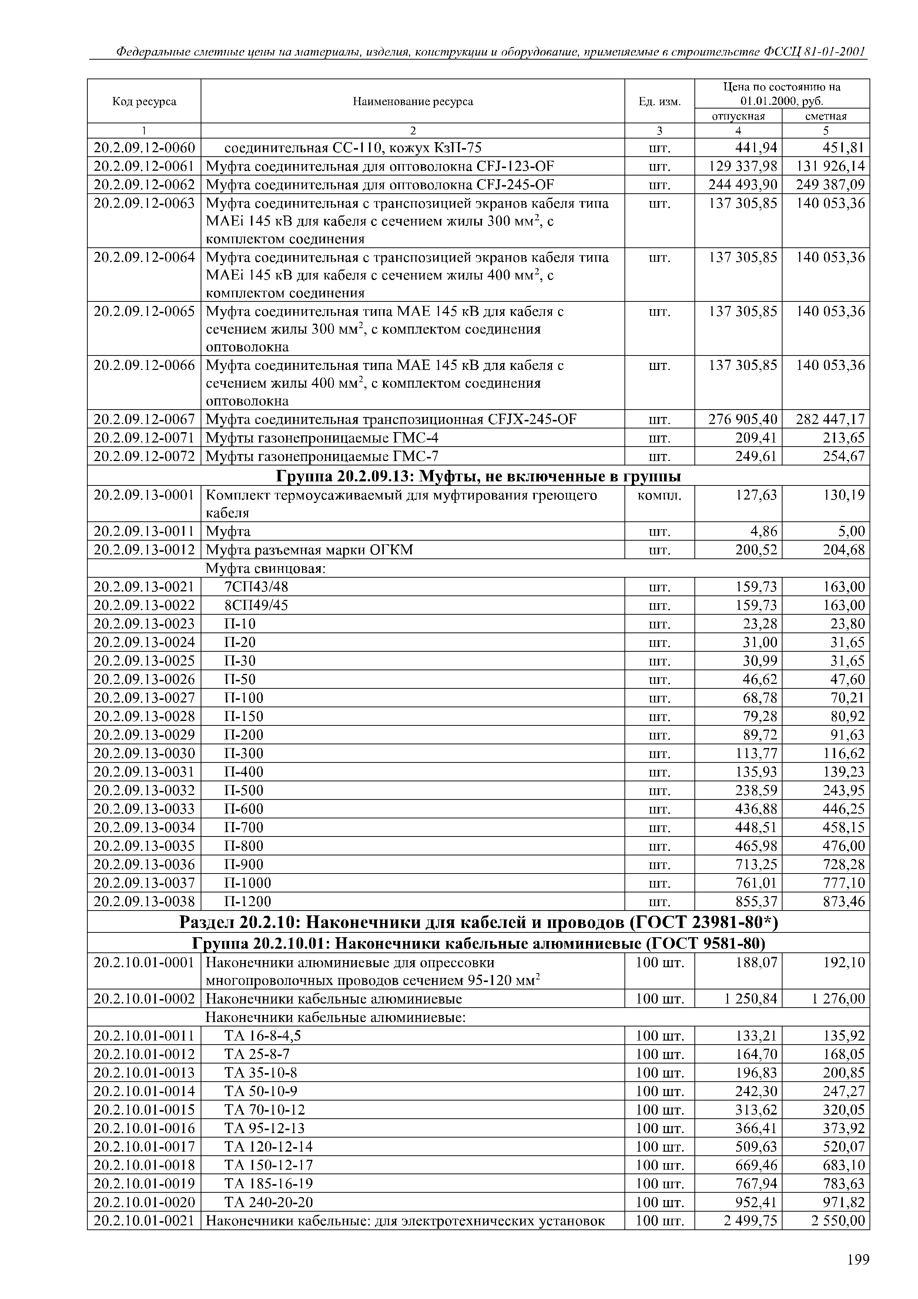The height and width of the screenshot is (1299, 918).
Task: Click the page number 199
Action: click(858, 1260)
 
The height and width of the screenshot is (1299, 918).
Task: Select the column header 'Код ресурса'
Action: click(144, 102)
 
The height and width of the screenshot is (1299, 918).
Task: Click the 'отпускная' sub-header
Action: click(738, 117)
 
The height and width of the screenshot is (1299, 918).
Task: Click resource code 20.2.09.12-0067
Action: click(144, 419)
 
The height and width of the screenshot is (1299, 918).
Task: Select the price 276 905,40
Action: click(743, 419)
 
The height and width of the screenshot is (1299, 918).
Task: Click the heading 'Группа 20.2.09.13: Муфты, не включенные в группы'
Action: click(478, 477)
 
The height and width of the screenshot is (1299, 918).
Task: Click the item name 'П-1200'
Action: click(248, 901)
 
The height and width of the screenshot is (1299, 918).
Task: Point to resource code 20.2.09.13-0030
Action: click(144, 754)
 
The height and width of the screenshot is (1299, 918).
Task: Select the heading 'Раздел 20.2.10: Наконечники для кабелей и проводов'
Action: click(478, 923)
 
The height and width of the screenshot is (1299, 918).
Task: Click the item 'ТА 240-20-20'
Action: click(269, 1202)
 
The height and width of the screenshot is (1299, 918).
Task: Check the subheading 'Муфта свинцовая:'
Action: click(265, 568)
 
